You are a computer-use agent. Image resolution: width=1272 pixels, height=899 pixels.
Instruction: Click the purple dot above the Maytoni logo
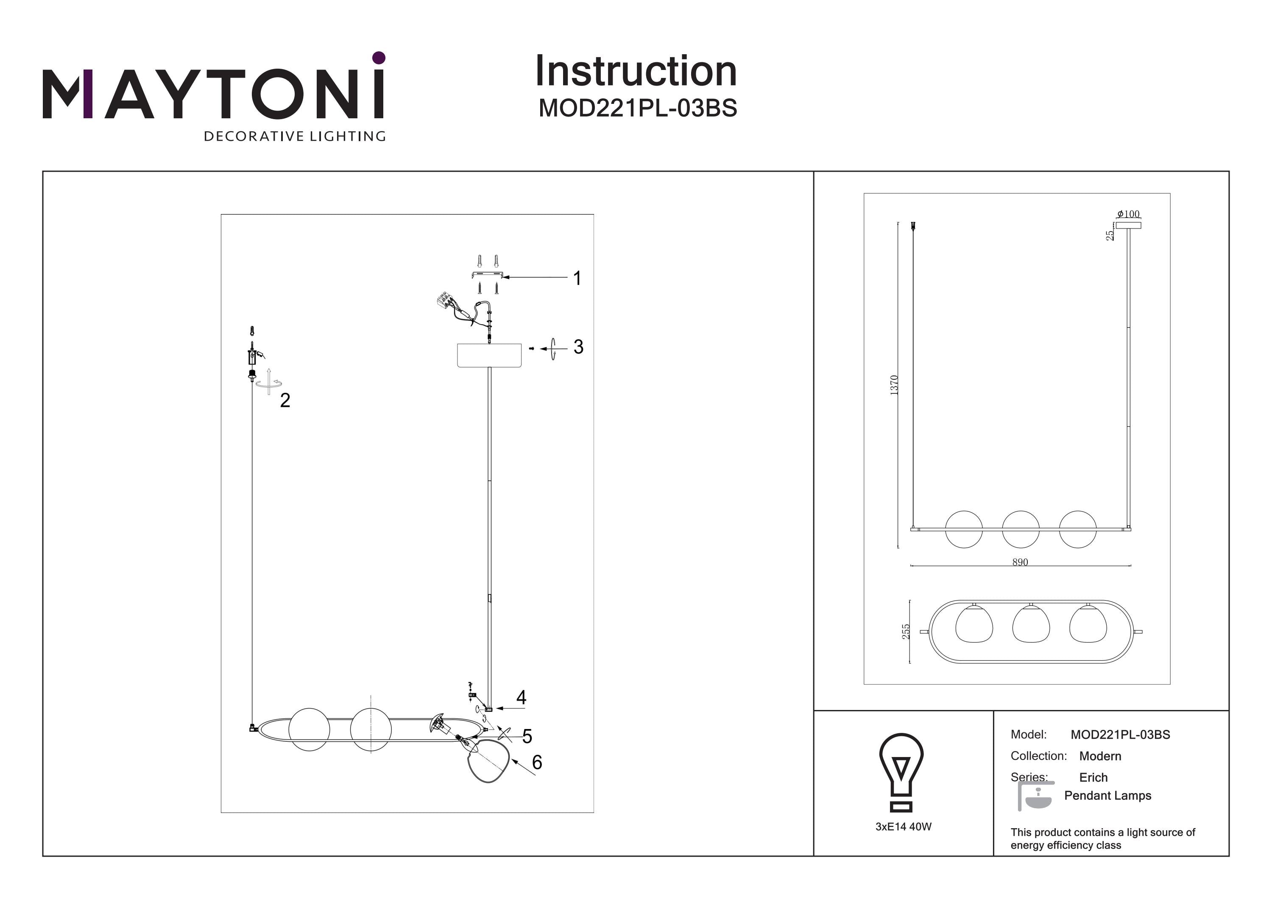[x=379, y=57]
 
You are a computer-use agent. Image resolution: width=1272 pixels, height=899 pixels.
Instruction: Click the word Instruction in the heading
[x=636, y=72]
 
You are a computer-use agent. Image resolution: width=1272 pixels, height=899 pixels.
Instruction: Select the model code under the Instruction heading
[x=638, y=109]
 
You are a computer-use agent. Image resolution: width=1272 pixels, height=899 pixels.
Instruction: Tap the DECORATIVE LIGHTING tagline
[x=295, y=136]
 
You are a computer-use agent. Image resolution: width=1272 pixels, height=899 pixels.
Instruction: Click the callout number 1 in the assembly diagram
[x=577, y=278]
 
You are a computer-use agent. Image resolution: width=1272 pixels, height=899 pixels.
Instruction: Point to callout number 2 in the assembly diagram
[x=285, y=400]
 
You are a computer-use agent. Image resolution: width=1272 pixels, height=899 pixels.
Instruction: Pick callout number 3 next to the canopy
[x=578, y=347]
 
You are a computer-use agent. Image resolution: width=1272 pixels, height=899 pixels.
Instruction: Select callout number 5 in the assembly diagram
[x=527, y=736]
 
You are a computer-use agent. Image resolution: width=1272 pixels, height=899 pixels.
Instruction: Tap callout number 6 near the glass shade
[x=536, y=762]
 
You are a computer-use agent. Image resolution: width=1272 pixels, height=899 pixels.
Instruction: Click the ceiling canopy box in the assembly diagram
[x=488, y=355]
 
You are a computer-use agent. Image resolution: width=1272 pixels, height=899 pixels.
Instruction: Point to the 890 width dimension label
[x=1020, y=562]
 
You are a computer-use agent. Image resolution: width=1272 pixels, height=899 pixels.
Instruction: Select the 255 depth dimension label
[x=906, y=632]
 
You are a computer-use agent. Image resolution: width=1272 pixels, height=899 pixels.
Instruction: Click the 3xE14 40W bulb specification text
[x=903, y=827]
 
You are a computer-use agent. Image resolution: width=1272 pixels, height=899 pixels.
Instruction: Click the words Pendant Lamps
[x=1107, y=796]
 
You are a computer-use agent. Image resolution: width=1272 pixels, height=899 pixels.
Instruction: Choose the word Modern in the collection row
[x=1100, y=756]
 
